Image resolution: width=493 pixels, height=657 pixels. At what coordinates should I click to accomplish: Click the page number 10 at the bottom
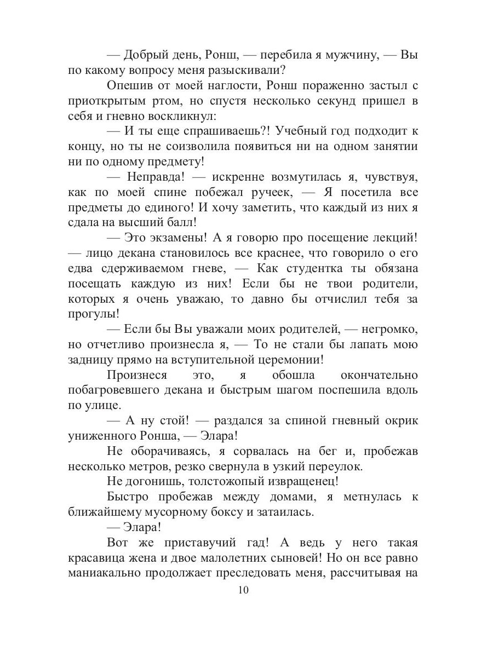(x=244, y=591)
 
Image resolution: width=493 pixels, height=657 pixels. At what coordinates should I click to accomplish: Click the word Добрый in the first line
(x=145, y=55)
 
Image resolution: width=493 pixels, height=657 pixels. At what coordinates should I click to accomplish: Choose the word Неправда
(x=158, y=177)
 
